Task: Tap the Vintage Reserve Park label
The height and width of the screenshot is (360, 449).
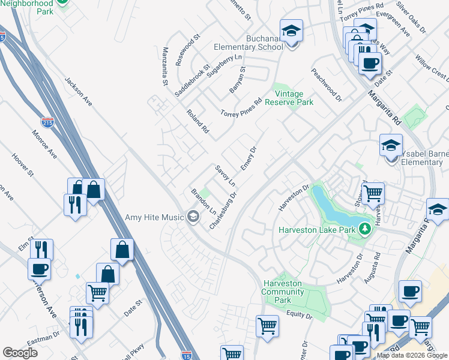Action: (x=294, y=98)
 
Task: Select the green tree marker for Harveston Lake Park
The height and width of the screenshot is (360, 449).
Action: (x=364, y=229)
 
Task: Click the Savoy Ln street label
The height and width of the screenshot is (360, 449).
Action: (x=225, y=175)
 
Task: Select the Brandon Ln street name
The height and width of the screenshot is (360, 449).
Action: (x=203, y=202)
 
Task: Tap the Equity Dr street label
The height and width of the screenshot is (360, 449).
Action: (x=300, y=314)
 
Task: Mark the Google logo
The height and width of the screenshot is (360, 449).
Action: (x=20, y=353)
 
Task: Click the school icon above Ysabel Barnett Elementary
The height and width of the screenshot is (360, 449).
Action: (x=390, y=145)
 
